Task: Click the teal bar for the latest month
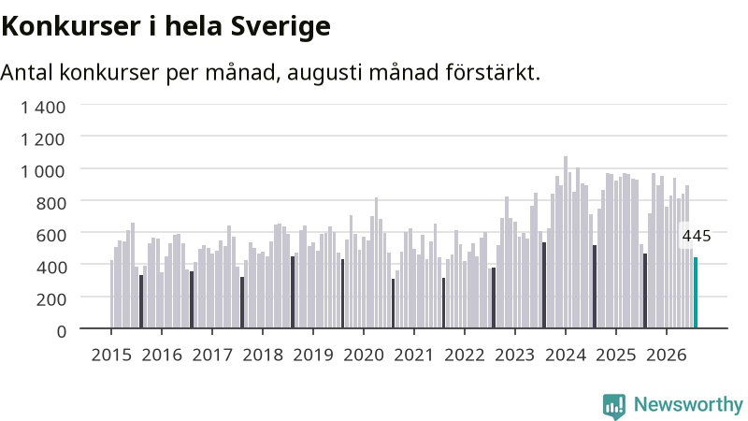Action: [696, 293]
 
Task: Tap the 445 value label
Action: [697, 236]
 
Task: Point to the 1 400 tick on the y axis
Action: [43, 108]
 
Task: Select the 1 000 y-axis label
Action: [43, 171]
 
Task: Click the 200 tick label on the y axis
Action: [51, 299]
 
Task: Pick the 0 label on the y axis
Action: [61, 331]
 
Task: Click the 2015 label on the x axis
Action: [111, 356]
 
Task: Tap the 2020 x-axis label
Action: [364, 356]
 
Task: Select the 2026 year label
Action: [667, 356]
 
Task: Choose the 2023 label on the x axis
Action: [515, 356]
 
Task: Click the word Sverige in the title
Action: [280, 26]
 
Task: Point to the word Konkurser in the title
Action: [71, 26]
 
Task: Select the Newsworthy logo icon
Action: [614, 406]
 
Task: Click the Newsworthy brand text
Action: [688, 405]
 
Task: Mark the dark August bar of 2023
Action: [544, 285]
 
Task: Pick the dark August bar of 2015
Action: [141, 301]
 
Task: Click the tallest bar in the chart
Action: [566, 242]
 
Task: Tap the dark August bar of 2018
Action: [293, 292]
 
